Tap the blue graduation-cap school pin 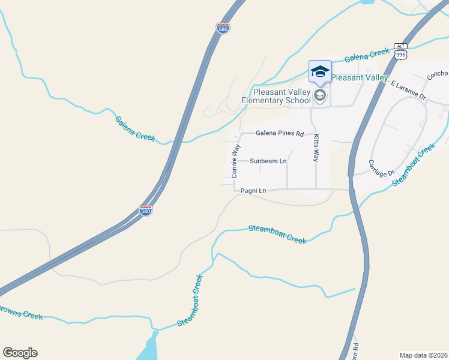(x=320, y=71)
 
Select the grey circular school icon (x=320, y=95)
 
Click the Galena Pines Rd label (x=280, y=133)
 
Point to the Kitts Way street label (x=315, y=148)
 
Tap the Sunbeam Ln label (x=268, y=161)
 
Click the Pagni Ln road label (x=253, y=191)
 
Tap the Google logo (x=20, y=353)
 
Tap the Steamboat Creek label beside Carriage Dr (x=414, y=164)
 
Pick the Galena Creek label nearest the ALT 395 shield (x=367, y=55)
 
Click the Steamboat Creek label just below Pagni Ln (x=277, y=233)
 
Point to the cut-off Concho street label (x=437, y=76)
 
